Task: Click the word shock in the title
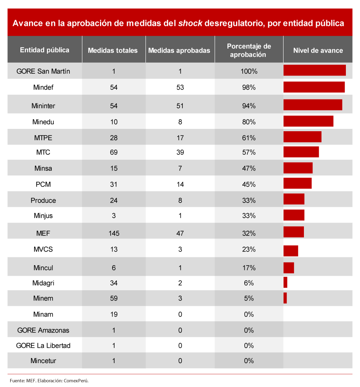point(190,23)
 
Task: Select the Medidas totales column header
point(113,50)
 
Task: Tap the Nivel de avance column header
point(318,50)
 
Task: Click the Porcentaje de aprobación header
point(249,51)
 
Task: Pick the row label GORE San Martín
point(43,71)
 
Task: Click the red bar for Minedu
point(308,121)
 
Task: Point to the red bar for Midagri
point(285,282)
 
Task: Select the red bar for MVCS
point(291,251)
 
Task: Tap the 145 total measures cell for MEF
point(114,233)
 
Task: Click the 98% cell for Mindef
point(249,87)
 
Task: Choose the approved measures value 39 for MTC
point(180,152)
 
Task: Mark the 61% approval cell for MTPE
point(249,138)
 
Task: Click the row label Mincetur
point(43,361)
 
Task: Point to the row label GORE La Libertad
point(43,345)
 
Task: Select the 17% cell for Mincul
point(249,268)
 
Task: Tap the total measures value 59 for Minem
point(114,298)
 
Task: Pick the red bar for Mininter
point(313,105)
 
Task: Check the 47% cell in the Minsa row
point(249,168)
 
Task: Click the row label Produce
point(43,200)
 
